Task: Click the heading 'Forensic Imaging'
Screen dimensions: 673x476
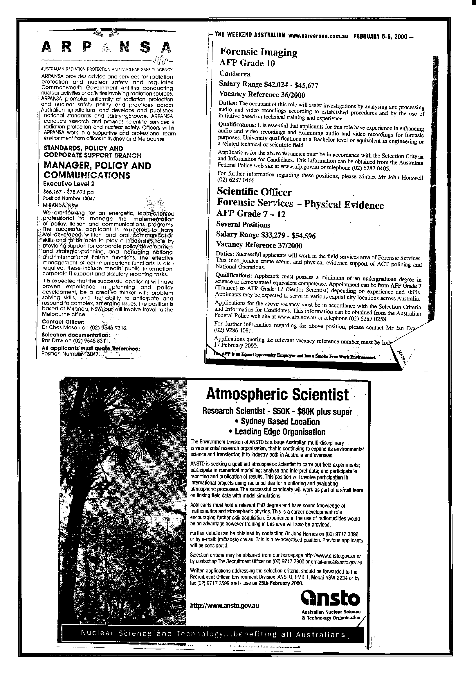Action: (258, 52)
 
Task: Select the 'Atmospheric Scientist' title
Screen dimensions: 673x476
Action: (277, 395)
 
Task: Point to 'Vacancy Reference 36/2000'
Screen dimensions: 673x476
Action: (262, 94)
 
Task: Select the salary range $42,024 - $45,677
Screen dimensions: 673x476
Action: (268, 85)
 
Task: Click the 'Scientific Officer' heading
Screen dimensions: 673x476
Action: (254, 192)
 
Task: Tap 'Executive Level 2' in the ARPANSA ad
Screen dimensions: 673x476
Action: (69, 184)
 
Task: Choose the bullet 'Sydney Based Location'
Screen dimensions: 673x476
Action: (277, 422)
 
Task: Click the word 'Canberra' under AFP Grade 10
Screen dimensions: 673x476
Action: (235, 73)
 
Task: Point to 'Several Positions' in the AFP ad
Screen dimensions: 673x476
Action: (243, 225)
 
